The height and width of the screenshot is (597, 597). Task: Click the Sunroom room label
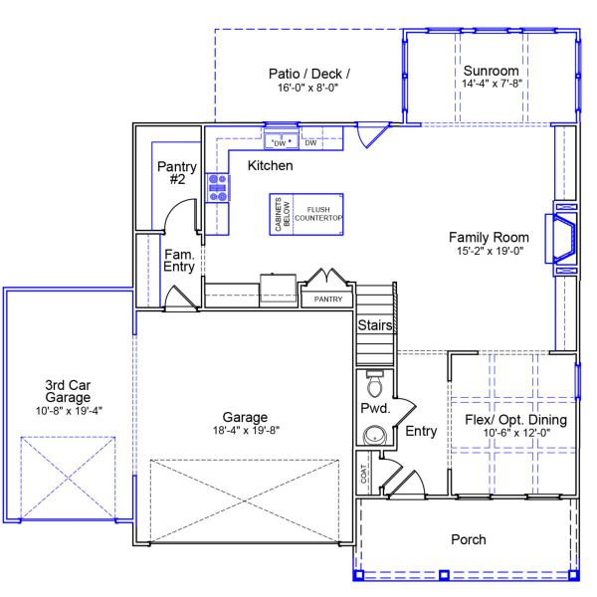tap(492, 72)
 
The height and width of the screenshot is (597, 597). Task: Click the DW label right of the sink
tap(310, 143)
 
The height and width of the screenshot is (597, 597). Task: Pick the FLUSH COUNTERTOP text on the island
tap(317, 213)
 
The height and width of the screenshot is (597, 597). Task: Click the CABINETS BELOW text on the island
tap(283, 213)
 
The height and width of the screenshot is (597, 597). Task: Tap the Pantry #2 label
tap(177, 173)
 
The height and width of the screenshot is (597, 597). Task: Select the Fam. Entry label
tap(179, 260)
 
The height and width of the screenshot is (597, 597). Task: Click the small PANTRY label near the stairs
tap(328, 299)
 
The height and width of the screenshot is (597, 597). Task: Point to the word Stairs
tap(375, 325)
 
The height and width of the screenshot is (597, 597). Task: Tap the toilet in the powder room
tap(375, 383)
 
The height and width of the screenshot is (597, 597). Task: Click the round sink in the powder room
tap(374, 435)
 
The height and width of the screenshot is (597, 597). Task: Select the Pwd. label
tap(374, 409)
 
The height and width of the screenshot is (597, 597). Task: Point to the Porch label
tap(468, 540)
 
